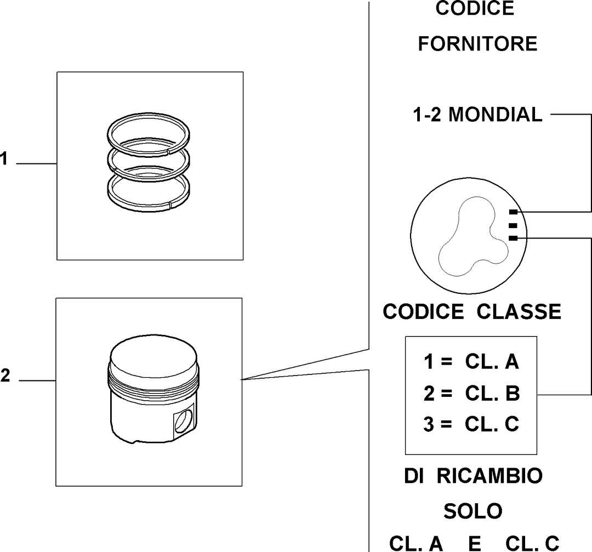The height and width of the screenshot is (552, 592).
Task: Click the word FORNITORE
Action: point(477,43)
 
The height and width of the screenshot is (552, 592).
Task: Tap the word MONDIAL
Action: point(495,115)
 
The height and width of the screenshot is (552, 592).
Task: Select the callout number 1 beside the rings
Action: point(4,158)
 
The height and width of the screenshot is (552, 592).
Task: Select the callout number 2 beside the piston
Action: point(5,375)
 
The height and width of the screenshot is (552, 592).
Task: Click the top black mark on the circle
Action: point(513,212)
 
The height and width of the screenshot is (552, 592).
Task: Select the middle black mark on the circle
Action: point(513,225)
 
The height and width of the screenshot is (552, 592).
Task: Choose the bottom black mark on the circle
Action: point(513,238)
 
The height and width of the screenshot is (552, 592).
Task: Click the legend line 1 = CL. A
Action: point(471,361)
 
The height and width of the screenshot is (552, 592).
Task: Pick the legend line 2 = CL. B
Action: point(471,393)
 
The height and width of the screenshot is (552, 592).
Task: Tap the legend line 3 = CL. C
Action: point(471,424)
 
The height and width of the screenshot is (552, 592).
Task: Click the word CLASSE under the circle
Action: point(519,312)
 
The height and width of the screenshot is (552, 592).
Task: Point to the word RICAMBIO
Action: point(489,476)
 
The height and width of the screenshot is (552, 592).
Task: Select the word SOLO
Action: point(473,511)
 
